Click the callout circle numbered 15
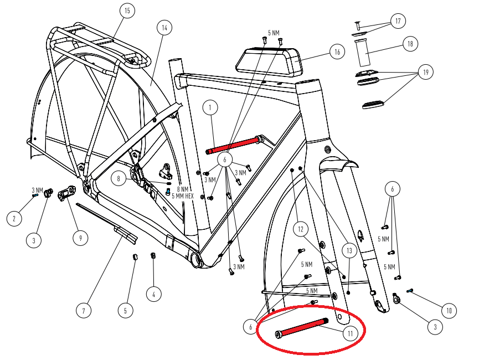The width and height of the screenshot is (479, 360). (127, 11)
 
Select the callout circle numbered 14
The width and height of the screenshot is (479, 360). (164, 28)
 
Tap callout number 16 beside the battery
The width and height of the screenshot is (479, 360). (337, 52)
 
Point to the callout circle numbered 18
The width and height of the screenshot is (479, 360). (410, 44)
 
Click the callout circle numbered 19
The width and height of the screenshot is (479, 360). (425, 72)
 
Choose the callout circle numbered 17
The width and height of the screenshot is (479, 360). (398, 21)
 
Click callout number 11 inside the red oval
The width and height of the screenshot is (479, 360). (350, 333)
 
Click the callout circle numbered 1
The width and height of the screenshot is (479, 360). (210, 107)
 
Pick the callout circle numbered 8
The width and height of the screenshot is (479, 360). (119, 178)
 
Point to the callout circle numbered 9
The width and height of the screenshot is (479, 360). (81, 238)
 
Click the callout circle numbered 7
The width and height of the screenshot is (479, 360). (84, 311)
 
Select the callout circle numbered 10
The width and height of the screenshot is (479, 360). (449, 311)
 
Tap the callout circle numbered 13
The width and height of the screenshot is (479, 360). (349, 250)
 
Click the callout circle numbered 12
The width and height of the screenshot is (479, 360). (301, 229)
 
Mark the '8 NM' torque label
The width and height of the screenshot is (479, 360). (182, 189)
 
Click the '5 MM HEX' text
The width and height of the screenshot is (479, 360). (183, 196)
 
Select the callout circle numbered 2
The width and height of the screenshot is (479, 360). (14, 219)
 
